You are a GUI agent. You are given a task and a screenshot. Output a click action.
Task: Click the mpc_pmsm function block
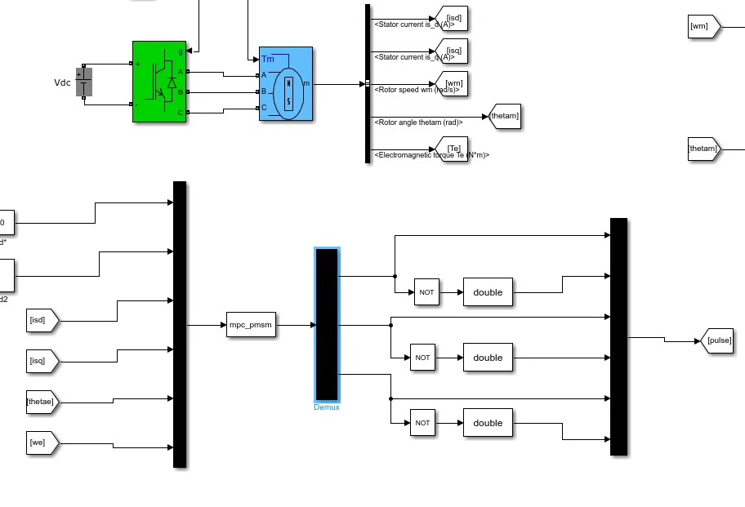pyautogui.click(x=250, y=326)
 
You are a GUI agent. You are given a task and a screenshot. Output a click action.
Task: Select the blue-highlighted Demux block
pyautogui.click(x=327, y=324)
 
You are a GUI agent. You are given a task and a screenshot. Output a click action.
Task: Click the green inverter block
pyautogui.click(x=159, y=82)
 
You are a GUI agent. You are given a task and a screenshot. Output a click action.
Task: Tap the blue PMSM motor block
pyautogui.click(x=285, y=85)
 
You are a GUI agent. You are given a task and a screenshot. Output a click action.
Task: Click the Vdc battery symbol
pyautogui.click(x=83, y=82)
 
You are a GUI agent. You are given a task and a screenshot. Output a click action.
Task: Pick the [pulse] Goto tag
pyautogui.click(x=717, y=340)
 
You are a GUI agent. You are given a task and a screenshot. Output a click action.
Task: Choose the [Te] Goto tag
pyautogui.click(x=453, y=148)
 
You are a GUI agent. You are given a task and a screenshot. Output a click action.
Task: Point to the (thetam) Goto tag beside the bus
pyautogui.click(x=503, y=117)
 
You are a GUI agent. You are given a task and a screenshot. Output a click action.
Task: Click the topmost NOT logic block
pyautogui.click(x=426, y=292)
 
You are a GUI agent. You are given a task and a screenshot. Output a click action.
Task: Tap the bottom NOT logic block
pyautogui.click(x=422, y=423)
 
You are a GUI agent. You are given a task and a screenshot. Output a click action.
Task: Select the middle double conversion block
pyautogui.click(x=488, y=358)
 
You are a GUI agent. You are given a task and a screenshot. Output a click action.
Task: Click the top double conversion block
pyautogui.click(x=488, y=292)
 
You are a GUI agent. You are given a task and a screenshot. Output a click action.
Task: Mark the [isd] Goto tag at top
pyautogui.click(x=452, y=16)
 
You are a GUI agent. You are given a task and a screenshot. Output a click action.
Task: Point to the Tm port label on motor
pyautogui.click(x=268, y=59)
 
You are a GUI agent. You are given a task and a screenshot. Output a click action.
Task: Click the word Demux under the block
pyautogui.click(x=327, y=407)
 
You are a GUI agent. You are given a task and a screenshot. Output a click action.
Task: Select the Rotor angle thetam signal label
pyautogui.click(x=418, y=122)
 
